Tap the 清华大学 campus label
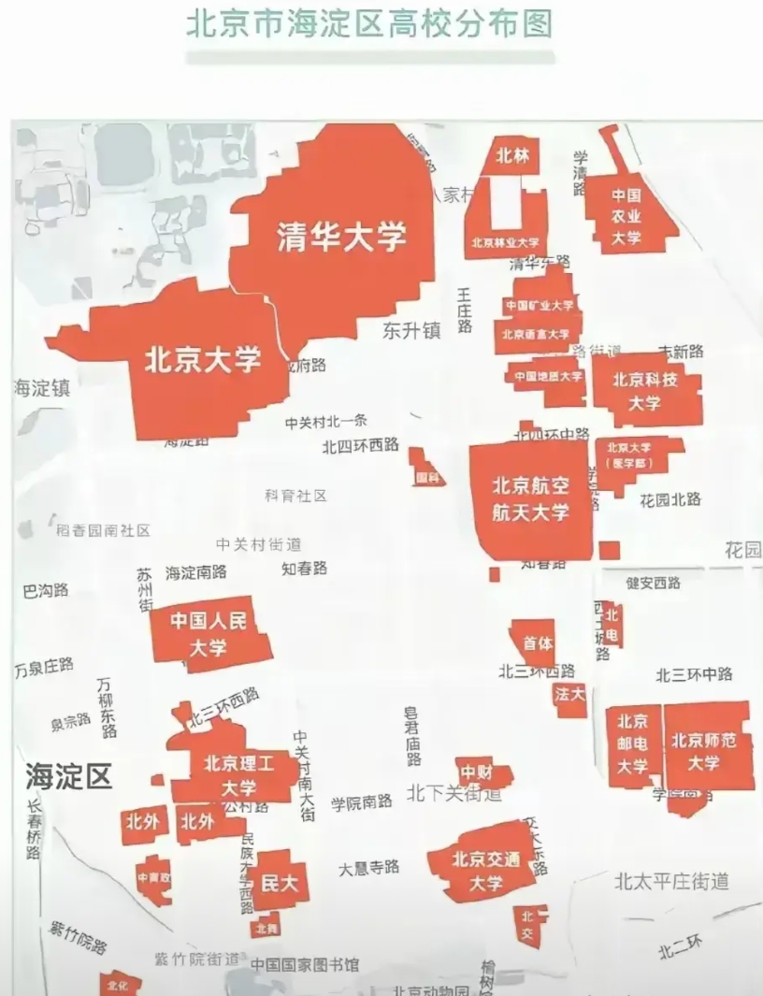point(342,237)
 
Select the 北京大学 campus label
point(202,360)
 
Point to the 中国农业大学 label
point(626,217)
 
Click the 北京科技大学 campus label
point(644,391)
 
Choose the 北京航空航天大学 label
point(531,498)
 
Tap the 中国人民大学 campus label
point(209,633)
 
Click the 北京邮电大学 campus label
point(632,743)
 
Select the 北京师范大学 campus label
point(704,751)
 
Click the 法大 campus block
point(569,695)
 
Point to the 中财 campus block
point(477,772)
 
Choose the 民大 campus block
point(279,880)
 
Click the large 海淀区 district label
point(68,774)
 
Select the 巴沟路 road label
point(46,591)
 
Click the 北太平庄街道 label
point(671,881)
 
